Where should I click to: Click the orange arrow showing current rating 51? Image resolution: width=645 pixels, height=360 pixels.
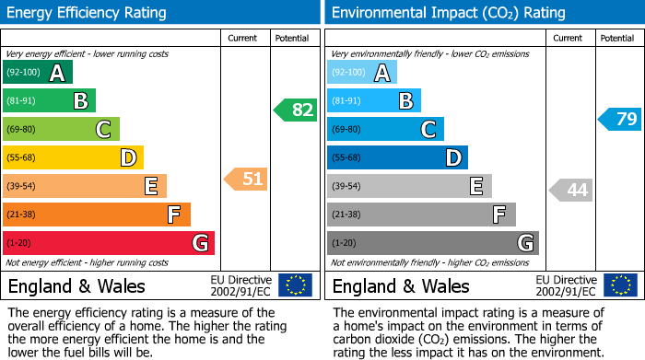[246, 179]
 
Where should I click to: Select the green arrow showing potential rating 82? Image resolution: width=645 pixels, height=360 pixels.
[295, 110]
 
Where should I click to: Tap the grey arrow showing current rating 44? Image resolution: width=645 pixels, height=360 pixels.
[571, 191]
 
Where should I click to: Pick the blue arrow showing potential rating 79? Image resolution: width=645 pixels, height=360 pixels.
[620, 119]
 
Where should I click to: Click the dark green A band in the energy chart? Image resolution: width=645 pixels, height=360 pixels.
[37, 73]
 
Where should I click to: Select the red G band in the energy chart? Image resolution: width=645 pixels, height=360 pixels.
[109, 243]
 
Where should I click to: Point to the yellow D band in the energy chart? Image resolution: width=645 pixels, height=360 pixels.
[73, 157]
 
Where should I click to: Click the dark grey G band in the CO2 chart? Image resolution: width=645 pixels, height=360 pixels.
[432, 243]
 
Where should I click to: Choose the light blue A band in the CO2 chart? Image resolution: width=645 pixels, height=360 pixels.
[362, 73]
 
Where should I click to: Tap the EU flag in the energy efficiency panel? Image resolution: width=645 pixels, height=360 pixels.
[295, 285]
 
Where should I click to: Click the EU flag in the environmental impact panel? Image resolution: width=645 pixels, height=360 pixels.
[620, 285]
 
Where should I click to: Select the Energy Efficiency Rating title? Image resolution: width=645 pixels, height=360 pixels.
[88, 13]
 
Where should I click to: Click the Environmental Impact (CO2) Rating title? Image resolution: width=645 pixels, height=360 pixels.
[448, 13]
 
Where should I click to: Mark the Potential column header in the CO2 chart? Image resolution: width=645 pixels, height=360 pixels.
[617, 38]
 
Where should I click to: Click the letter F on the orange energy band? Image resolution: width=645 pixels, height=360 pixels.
[173, 215]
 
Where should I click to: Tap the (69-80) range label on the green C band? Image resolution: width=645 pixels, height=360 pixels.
[23, 130]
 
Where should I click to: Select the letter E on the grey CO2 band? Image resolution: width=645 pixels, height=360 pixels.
[475, 186]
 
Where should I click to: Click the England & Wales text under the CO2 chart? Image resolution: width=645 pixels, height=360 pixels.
[400, 285]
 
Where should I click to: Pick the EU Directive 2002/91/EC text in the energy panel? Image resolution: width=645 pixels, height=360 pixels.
[241, 285]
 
